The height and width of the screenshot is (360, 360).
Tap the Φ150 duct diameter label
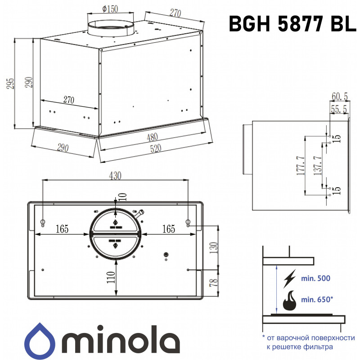[x=110, y=9]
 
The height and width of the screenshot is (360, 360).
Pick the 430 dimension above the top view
[x=115, y=175]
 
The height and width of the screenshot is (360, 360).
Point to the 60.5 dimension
[x=340, y=96]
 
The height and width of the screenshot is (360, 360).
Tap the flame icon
[x=289, y=301]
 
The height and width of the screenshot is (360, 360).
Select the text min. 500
[x=315, y=279]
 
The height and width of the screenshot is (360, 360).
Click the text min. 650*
[x=318, y=299]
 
